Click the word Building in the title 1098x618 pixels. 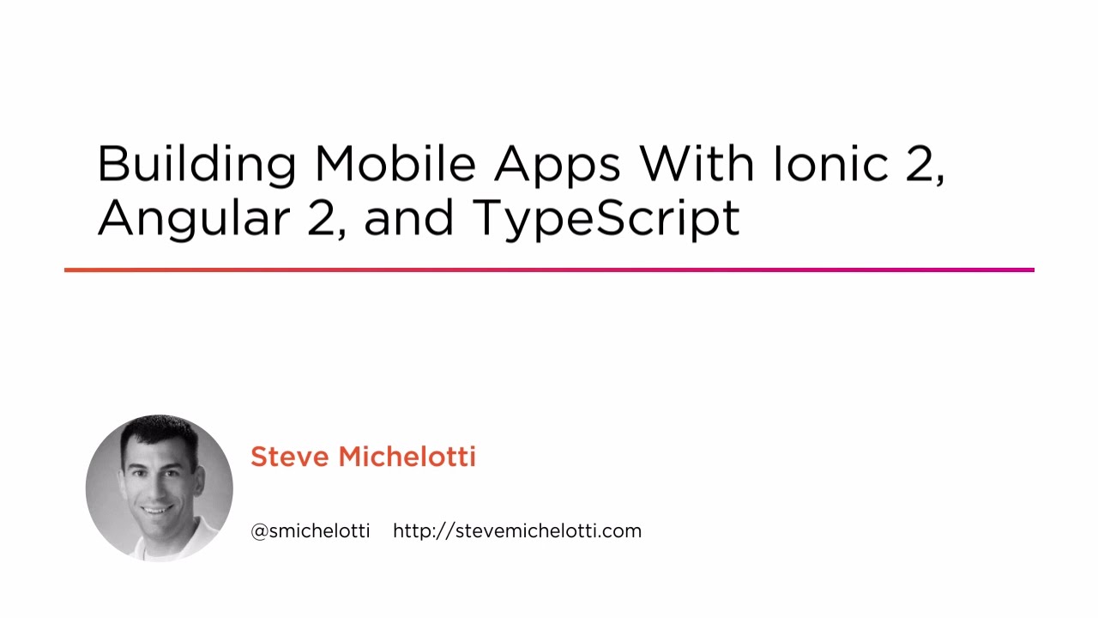[x=196, y=164]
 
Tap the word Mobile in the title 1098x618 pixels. [x=395, y=163]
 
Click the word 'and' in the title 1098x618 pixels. [x=408, y=218]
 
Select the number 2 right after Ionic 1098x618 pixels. [x=921, y=164]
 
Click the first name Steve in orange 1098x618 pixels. [x=289, y=457]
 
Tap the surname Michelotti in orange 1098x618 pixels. [x=407, y=457]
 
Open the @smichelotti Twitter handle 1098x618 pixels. [x=310, y=531]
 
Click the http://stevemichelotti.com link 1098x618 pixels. [x=517, y=531]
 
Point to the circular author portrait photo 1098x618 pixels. [x=160, y=488]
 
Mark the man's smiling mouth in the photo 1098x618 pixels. [x=155, y=508]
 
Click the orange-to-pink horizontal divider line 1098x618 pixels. [x=549, y=270]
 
